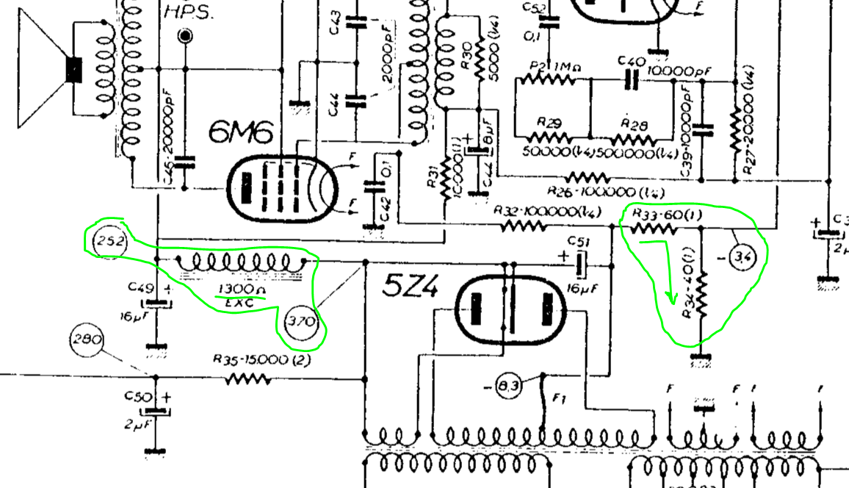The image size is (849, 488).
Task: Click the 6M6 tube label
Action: coord(241,133)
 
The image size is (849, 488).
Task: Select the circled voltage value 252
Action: coord(108,241)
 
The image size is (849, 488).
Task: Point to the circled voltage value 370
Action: coord(301,321)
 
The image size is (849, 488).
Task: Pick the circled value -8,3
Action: coord(507,386)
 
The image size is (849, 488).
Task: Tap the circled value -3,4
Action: coord(743,257)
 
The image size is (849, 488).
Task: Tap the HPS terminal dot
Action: coord(186,35)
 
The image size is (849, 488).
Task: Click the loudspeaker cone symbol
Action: coord(44,71)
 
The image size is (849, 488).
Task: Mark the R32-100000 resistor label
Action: coord(548,211)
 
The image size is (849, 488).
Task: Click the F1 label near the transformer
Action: coord(560,398)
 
